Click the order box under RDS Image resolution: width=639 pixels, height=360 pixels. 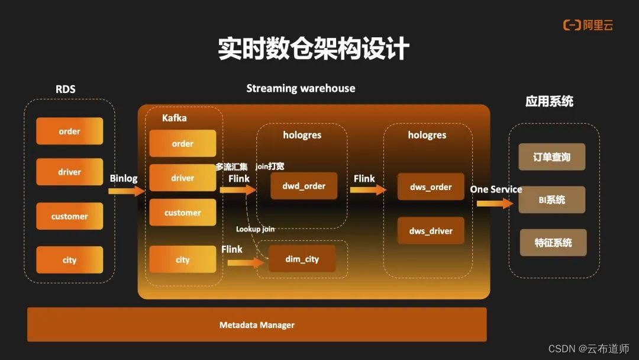pos(69,131)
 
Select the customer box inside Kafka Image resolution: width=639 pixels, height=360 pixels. pos(182,213)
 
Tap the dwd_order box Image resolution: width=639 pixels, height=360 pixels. pos(304,186)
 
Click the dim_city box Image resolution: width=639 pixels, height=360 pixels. pos(302,259)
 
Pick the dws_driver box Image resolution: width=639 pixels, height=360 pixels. pos(430,231)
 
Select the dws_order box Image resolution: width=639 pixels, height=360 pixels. pos(430,187)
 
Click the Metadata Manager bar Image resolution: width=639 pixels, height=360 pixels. pos(257,324)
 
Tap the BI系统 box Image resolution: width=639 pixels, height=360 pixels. pos(551,200)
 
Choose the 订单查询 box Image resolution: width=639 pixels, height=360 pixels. pos(551,157)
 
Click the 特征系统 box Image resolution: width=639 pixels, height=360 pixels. pos(553,243)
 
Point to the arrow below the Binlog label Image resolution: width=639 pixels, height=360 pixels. pos(127,191)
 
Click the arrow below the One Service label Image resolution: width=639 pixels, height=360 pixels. pos(495,203)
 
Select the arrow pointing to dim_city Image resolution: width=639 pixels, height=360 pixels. pos(245,262)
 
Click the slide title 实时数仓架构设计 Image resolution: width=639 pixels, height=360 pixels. pos(314,49)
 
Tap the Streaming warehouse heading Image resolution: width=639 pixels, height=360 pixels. pos(301,88)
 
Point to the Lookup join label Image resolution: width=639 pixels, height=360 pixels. pos(255,229)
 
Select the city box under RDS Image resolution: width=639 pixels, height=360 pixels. pos(69,260)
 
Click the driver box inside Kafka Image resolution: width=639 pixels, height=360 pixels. pos(182,178)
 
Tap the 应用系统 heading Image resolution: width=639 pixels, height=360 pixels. pos(549,101)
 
